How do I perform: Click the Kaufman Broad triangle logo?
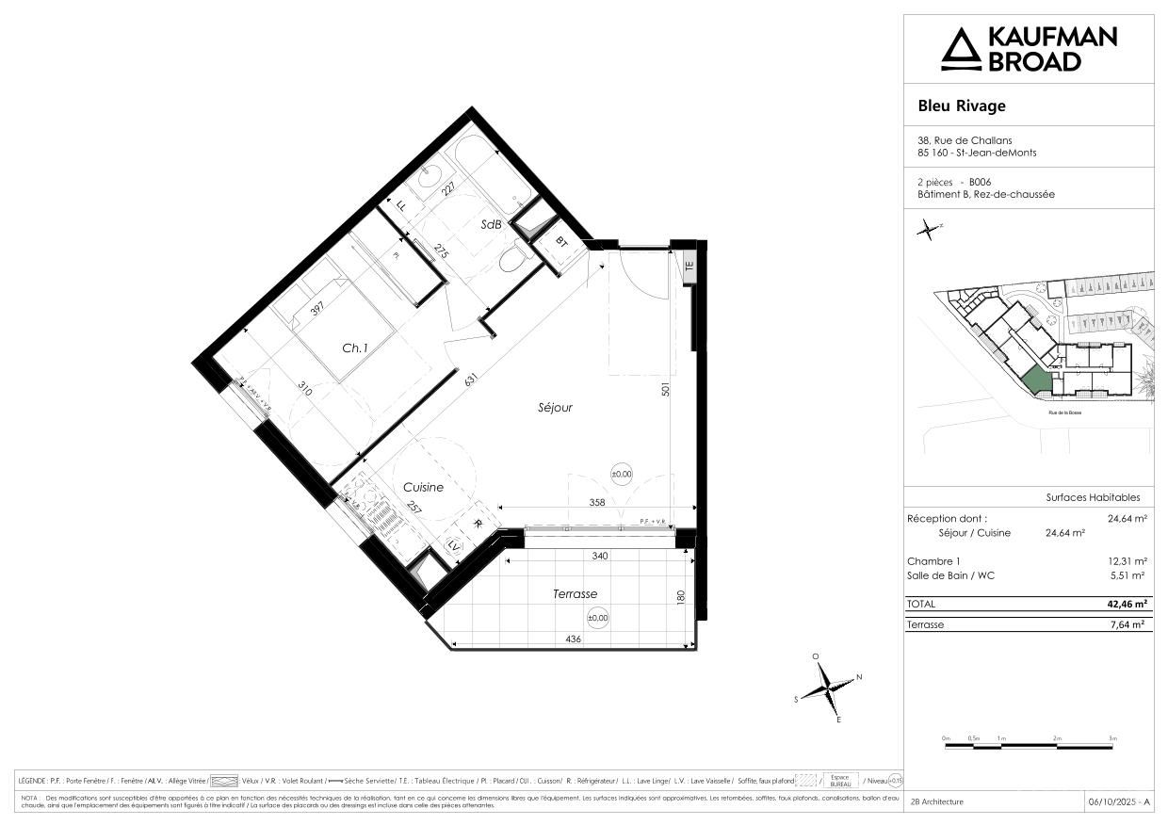tap(961, 49)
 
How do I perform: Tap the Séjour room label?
tap(555, 408)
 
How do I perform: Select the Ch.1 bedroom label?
tap(354, 348)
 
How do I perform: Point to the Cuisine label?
tap(423, 487)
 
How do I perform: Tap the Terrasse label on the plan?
tap(574, 593)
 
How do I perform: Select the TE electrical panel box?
tap(689, 266)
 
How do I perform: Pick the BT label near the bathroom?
tap(562, 242)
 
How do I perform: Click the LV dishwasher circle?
tap(454, 546)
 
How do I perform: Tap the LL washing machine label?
tap(402, 205)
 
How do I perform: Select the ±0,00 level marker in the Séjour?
tap(622, 475)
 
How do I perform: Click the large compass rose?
tap(827, 688)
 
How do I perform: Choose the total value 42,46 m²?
tap(1127, 604)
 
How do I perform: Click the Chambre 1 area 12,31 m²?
tap(1127, 560)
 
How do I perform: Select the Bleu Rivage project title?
tap(962, 105)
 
